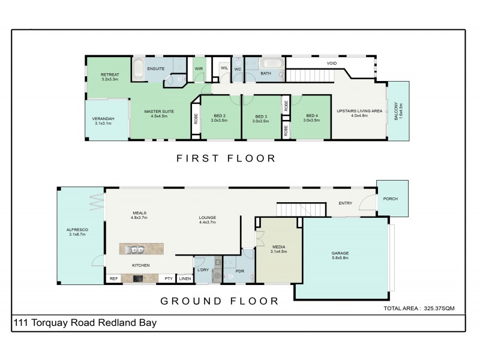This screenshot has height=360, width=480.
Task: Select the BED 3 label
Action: coord(261,116)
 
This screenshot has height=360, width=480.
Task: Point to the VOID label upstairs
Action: coord(331,63)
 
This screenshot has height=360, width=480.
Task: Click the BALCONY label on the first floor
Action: coord(396,112)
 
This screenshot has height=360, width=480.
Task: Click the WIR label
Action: coord(199,69)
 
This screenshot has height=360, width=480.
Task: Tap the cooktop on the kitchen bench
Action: coord(137,278)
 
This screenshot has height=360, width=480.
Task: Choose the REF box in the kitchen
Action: coord(113,278)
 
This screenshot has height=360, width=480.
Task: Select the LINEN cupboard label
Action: coord(185,278)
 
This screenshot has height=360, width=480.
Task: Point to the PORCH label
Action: coord(390,199)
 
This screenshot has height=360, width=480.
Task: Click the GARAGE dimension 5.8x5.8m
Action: coord(340,259)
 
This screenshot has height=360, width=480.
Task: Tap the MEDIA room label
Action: coord(280,247)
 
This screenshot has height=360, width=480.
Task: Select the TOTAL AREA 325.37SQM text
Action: coord(419,308)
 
